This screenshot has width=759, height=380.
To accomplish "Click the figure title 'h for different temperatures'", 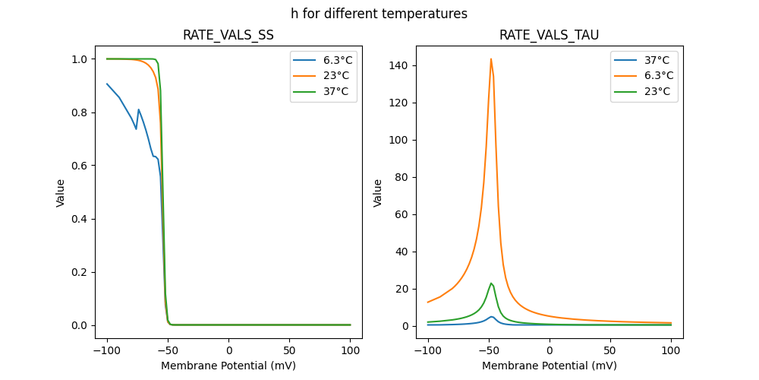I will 379,14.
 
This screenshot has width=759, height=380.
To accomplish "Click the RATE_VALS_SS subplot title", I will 228,35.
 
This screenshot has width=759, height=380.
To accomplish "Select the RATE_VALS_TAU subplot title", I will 549,35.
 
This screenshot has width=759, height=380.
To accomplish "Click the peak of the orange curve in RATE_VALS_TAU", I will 491,59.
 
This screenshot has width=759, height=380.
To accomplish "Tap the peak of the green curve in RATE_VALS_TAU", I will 491,283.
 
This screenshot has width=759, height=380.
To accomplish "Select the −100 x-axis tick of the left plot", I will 107,350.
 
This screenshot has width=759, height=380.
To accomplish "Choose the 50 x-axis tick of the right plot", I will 610,350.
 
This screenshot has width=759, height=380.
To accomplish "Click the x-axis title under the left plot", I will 228,366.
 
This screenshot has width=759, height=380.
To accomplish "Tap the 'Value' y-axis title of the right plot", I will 378,193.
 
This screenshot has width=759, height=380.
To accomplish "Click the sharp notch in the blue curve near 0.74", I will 137,128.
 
